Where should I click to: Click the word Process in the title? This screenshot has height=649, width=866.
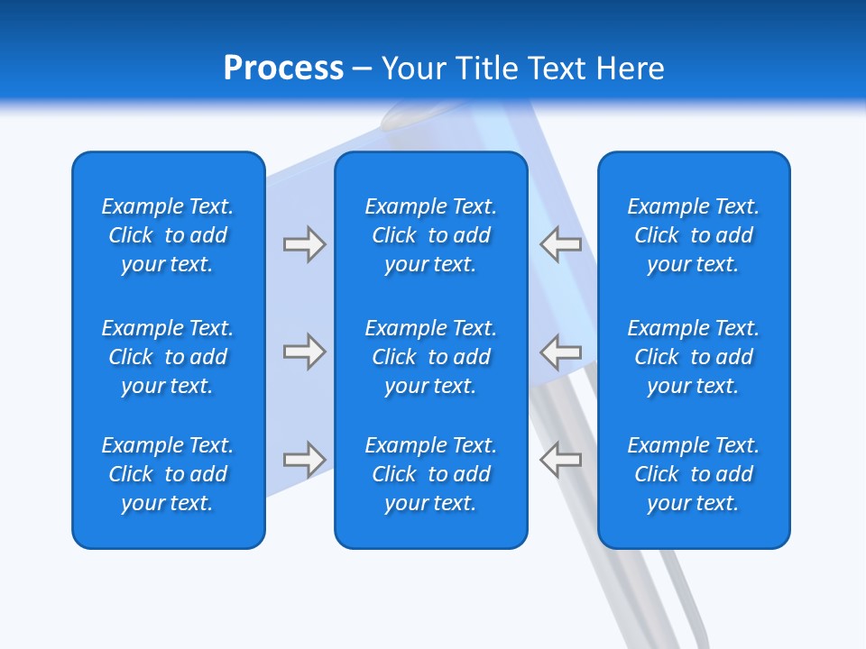pos(283,69)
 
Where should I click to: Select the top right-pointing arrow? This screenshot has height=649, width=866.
pos(304,244)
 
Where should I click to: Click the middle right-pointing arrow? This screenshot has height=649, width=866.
pos(304,352)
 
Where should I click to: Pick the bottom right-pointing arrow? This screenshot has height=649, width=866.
pos(304,460)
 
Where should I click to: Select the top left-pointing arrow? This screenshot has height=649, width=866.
pos(561,244)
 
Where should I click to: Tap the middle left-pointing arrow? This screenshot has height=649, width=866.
pos(561,352)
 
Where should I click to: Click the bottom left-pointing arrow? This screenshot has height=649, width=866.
pos(561,460)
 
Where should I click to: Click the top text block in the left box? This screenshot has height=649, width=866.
pos(168,235)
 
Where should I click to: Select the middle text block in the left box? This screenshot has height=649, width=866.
pos(168,357)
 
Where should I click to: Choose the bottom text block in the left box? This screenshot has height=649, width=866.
pos(168,474)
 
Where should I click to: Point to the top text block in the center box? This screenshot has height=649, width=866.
pos(430,235)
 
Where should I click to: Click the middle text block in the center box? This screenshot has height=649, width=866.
pos(430,357)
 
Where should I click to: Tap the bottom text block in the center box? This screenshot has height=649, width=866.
pos(430,474)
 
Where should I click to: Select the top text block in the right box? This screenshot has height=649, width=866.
pos(693,235)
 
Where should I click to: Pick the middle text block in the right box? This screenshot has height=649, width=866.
pos(693,357)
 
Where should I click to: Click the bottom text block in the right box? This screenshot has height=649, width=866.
pos(693,474)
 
